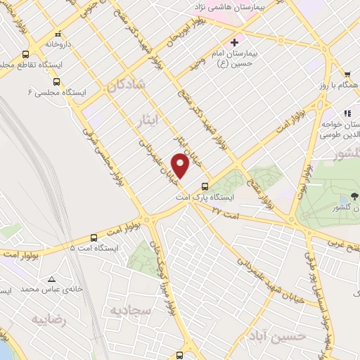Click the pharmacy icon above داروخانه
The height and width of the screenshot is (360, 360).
pyautogui.click(x=57, y=33)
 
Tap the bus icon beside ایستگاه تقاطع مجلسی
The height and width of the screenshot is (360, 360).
pyautogui.click(x=25, y=54)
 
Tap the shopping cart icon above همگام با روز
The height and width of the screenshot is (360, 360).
pyautogui.click(x=347, y=74)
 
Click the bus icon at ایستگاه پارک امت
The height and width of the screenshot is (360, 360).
pyautogui.click(x=205, y=186)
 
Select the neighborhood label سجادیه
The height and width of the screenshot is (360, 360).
pyautogui.click(x=129, y=309)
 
